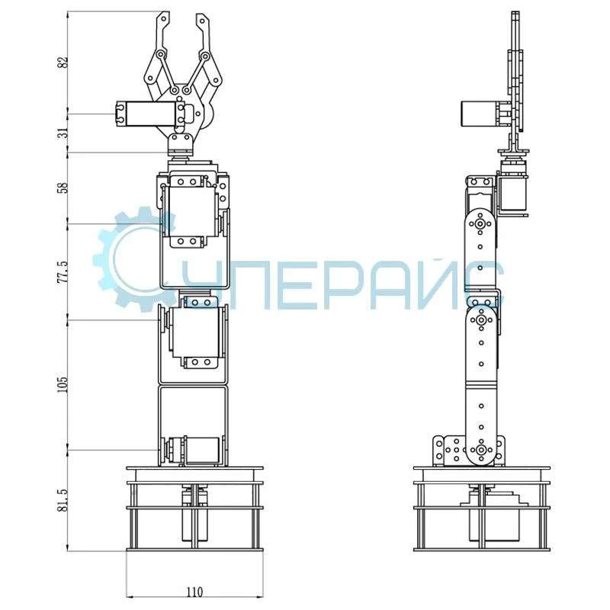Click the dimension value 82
tap(63, 63)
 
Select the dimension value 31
tap(63, 133)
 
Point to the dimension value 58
tap(63, 188)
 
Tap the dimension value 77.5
tap(63, 272)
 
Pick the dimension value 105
tap(63, 384)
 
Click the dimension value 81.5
tap(63, 500)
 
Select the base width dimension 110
tap(194, 592)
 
